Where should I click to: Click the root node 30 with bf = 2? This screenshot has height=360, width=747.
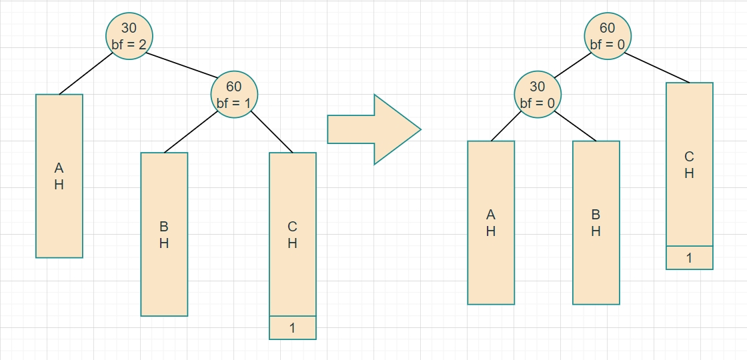pos(129,36)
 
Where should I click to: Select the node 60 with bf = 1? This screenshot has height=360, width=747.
pos(234,94)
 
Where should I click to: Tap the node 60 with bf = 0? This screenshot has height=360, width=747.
pos(608,36)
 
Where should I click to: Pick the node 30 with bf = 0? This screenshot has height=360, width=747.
pos(537,94)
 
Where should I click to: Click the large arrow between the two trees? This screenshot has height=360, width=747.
pos(373,129)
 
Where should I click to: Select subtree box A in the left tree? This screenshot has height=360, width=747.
pos(59,175)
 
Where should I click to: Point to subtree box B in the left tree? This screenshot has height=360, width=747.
pos(164,234)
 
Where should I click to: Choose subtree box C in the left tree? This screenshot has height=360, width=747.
pos(292,234)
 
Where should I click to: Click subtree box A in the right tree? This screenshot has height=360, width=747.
pos(491,222)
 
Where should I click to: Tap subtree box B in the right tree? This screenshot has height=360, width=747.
pos(596,222)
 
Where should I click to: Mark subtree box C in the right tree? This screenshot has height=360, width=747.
pos(689,164)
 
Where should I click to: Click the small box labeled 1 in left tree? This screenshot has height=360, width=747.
pos(292,327)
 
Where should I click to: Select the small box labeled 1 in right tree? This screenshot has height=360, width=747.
pos(689,257)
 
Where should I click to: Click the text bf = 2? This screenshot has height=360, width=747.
pos(129,45)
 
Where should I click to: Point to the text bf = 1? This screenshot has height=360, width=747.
pos(234,103)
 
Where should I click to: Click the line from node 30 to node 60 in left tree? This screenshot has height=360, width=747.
pos(182,65)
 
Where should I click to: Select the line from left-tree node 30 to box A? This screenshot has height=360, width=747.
pos(85,73)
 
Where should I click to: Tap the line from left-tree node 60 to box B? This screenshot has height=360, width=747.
pos(191,132)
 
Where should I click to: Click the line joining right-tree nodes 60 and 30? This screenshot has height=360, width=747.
pos(573,65)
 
